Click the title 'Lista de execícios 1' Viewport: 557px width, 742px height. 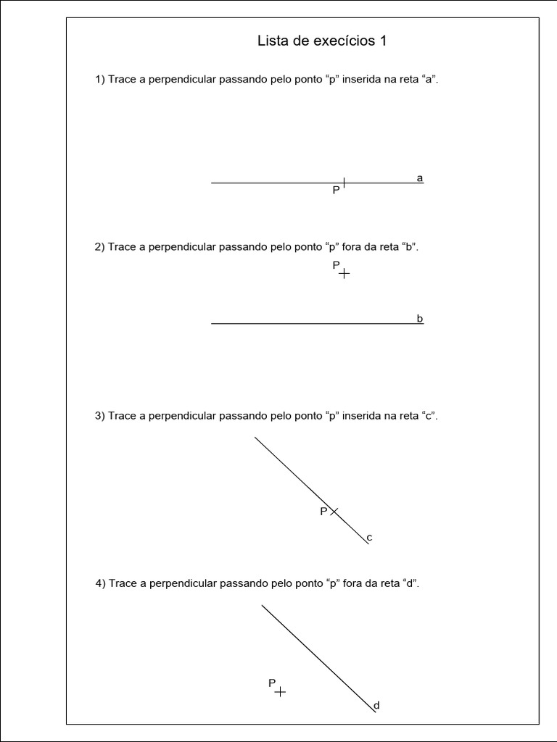click(x=322, y=41)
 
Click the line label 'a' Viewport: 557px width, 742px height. click(x=420, y=178)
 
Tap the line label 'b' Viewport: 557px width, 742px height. click(x=420, y=318)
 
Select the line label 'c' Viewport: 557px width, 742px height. click(x=369, y=537)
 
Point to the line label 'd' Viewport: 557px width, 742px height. click(x=376, y=705)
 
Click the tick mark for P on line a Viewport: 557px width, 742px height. click(x=344, y=183)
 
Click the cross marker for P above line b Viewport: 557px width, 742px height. click(x=344, y=274)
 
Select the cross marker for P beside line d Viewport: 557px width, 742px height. click(x=280, y=692)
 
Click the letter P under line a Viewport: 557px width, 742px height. click(x=336, y=191)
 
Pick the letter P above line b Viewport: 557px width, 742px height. click(x=336, y=265)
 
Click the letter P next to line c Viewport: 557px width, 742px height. click(x=323, y=512)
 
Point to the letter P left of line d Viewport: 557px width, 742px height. click(x=272, y=683)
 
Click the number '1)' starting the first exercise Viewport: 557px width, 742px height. click(x=100, y=80)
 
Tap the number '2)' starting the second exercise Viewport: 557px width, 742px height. click(x=100, y=246)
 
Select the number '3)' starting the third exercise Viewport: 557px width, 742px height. click(x=100, y=416)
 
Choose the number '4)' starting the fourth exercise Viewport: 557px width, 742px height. click(x=101, y=583)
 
